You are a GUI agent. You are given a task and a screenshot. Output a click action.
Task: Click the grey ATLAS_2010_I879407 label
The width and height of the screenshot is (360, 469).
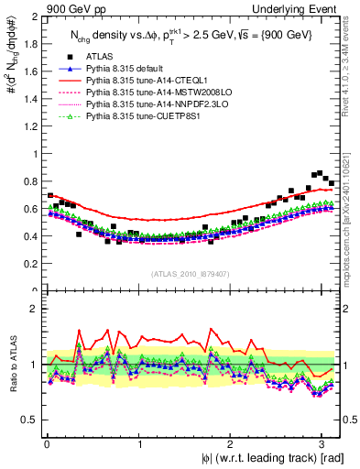[190, 274]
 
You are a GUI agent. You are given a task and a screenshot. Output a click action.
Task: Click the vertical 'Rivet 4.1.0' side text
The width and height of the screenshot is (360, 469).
[353, 64]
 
